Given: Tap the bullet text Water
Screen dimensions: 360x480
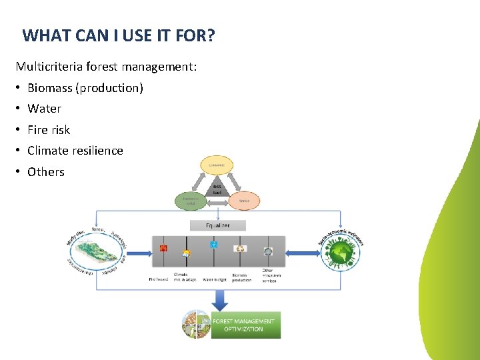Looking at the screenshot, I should pyautogui.click(x=44, y=109).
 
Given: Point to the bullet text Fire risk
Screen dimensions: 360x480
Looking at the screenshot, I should pyautogui.click(x=48, y=130).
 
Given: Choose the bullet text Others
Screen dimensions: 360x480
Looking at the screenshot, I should pyautogui.click(x=45, y=172).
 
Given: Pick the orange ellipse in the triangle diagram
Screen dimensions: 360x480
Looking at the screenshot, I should pyautogui.click(x=245, y=200).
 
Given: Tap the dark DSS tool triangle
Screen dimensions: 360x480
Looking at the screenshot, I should pyautogui.click(x=217, y=189).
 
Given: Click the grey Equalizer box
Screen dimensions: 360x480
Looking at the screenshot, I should pyautogui.click(x=218, y=225).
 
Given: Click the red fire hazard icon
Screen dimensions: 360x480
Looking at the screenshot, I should pyautogui.click(x=163, y=249).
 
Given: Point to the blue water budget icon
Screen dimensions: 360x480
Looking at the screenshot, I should pyautogui.click(x=214, y=245).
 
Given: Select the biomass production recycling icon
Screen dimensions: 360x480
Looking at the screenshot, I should pyautogui.click(x=241, y=249).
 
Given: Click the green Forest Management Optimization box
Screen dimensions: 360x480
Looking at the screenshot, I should pyautogui.click(x=245, y=325).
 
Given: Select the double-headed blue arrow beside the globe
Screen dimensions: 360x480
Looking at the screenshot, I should pyautogui.click(x=303, y=253).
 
